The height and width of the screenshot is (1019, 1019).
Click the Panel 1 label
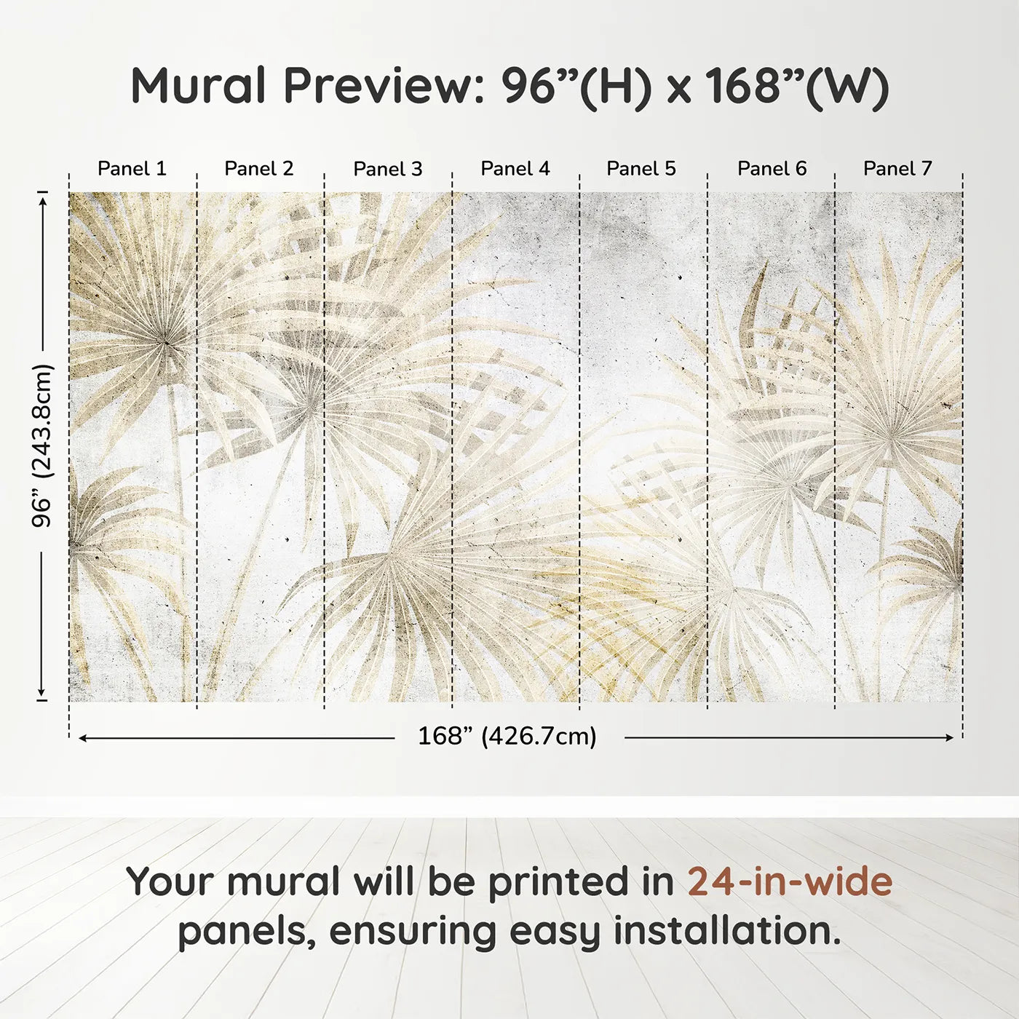click(132, 169)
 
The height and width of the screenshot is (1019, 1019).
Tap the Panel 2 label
click(258, 169)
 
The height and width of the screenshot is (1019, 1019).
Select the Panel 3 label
click(388, 169)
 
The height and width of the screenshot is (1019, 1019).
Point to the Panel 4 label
click(515, 169)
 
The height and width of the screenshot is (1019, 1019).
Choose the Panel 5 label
click(641, 169)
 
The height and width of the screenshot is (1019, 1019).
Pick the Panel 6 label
click(772, 169)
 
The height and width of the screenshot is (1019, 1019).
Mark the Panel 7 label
click(897, 169)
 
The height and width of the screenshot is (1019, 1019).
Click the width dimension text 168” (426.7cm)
click(507, 736)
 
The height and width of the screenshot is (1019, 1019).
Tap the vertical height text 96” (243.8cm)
click(41, 445)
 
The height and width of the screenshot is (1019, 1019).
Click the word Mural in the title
click(198, 86)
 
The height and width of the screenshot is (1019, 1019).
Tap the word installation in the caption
click(728, 932)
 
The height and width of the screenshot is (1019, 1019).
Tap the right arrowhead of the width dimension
click(948, 737)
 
